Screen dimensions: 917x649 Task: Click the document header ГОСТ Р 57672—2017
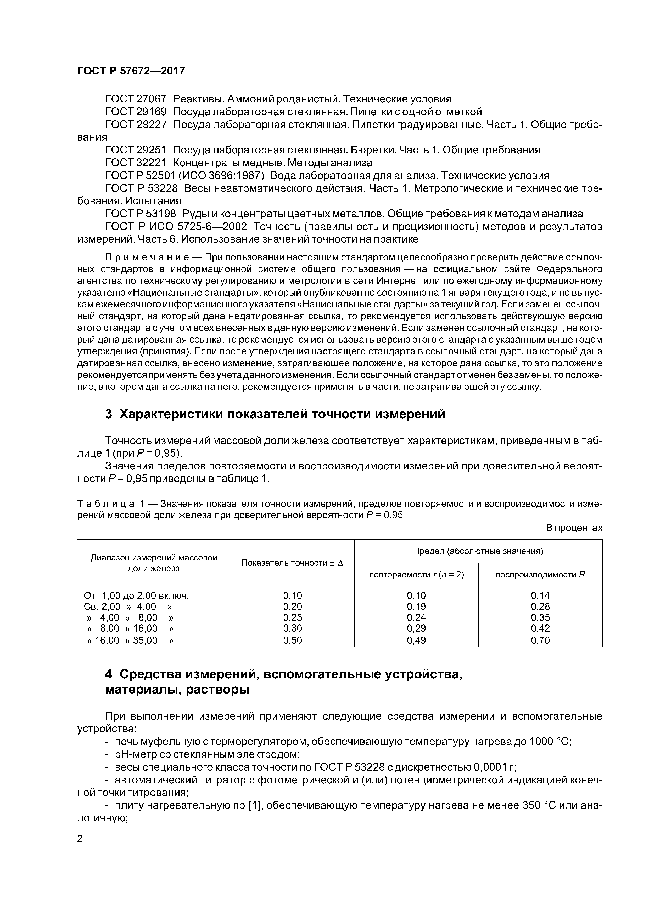(131, 71)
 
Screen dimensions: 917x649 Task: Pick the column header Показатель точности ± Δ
(292, 563)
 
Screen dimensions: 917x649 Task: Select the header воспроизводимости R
(540, 575)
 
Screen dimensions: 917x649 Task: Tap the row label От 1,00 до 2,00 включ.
(136, 596)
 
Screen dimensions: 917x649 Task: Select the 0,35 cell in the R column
(540, 618)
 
